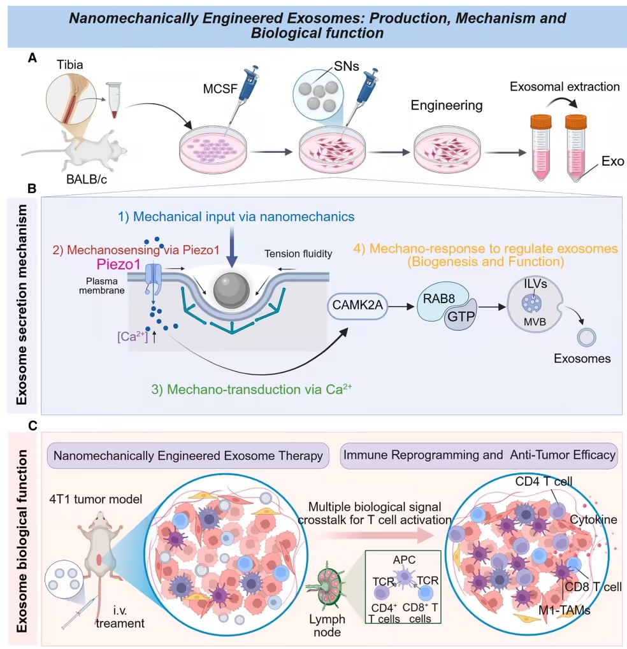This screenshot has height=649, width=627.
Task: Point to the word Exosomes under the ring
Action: click(582, 359)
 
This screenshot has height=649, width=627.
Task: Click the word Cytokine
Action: click(593, 520)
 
